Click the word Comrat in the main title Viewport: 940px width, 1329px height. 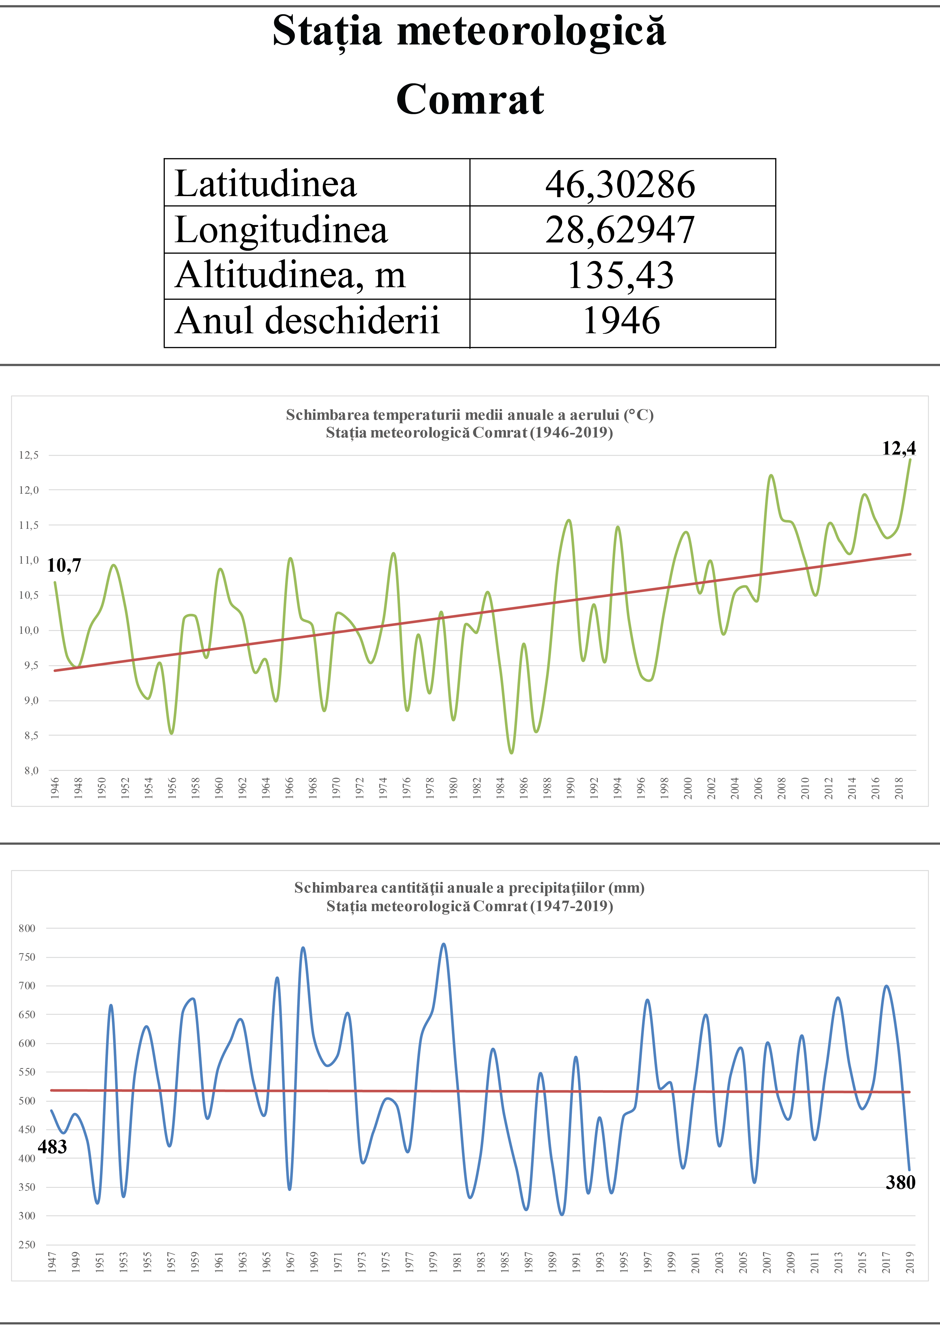[x=470, y=100]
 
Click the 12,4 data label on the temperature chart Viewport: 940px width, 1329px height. [x=898, y=448]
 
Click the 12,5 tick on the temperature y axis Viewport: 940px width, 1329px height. [x=29, y=455]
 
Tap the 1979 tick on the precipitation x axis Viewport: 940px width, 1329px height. [x=433, y=1262]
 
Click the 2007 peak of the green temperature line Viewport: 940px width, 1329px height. [x=771, y=476]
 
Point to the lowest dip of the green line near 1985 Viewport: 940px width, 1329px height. [x=511, y=753]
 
